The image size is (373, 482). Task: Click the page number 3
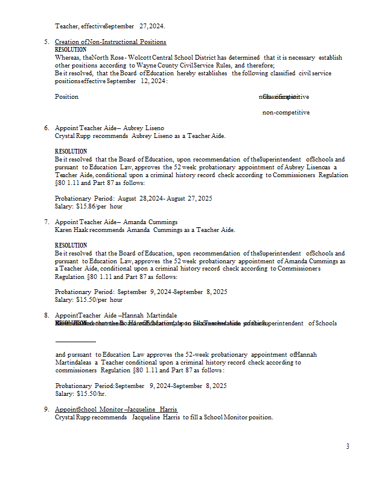pyautogui.click(x=348, y=446)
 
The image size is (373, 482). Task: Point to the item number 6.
pyautogui.click(x=46, y=128)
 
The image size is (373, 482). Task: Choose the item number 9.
pyautogui.click(x=46, y=410)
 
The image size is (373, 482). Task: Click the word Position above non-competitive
pyautogui.click(x=66, y=96)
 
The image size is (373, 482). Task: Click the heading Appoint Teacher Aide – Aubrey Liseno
pyautogui.click(x=109, y=128)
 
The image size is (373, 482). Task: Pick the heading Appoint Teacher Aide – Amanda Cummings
pyautogui.click(x=116, y=222)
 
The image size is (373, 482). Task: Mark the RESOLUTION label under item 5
pyautogui.click(x=71, y=49)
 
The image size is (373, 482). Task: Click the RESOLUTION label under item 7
pyautogui.click(x=71, y=245)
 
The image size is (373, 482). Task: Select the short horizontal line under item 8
pyautogui.click(x=75, y=342)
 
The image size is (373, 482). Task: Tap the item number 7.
pyautogui.click(x=46, y=222)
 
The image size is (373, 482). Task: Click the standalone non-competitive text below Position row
pyautogui.click(x=285, y=112)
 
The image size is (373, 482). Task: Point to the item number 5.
pyautogui.click(x=46, y=42)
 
